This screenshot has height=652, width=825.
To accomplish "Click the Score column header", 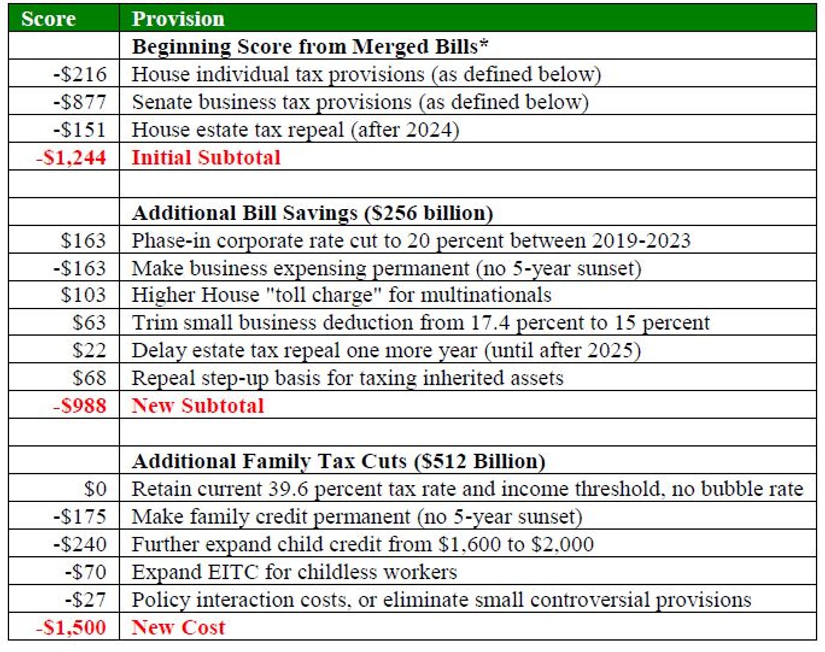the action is pyautogui.click(x=48, y=19).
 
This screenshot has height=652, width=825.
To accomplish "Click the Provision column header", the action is pyautogui.click(x=178, y=19).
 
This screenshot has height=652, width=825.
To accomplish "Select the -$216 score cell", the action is pyautogui.click(x=80, y=74).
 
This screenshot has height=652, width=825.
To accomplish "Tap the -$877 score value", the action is pyautogui.click(x=80, y=102).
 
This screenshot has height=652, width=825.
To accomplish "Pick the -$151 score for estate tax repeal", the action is pyautogui.click(x=80, y=130).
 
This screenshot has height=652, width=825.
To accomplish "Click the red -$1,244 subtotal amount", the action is pyautogui.click(x=71, y=158).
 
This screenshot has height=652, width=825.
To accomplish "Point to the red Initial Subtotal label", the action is pyautogui.click(x=206, y=158).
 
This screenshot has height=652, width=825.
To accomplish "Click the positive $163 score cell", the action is pyautogui.click(x=83, y=240).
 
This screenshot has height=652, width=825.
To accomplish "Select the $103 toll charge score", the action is pyautogui.click(x=83, y=295).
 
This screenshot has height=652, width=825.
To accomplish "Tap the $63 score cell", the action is pyautogui.click(x=89, y=322).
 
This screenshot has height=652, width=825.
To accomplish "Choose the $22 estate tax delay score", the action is pyautogui.click(x=89, y=350).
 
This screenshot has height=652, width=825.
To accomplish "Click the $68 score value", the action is pyautogui.click(x=89, y=378).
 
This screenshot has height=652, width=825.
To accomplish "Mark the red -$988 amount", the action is pyautogui.click(x=80, y=406).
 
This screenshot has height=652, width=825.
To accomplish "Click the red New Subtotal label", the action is pyautogui.click(x=198, y=406).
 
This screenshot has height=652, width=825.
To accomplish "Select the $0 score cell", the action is pyautogui.click(x=95, y=489).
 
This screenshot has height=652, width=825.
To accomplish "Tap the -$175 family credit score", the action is pyautogui.click(x=80, y=516).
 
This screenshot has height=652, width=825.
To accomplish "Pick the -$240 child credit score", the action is pyautogui.click(x=80, y=544).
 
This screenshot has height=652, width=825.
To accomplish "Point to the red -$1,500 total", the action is pyautogui.click(x=71, y=627).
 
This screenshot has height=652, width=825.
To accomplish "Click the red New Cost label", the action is pyautogui.click(x=179, y=627).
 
